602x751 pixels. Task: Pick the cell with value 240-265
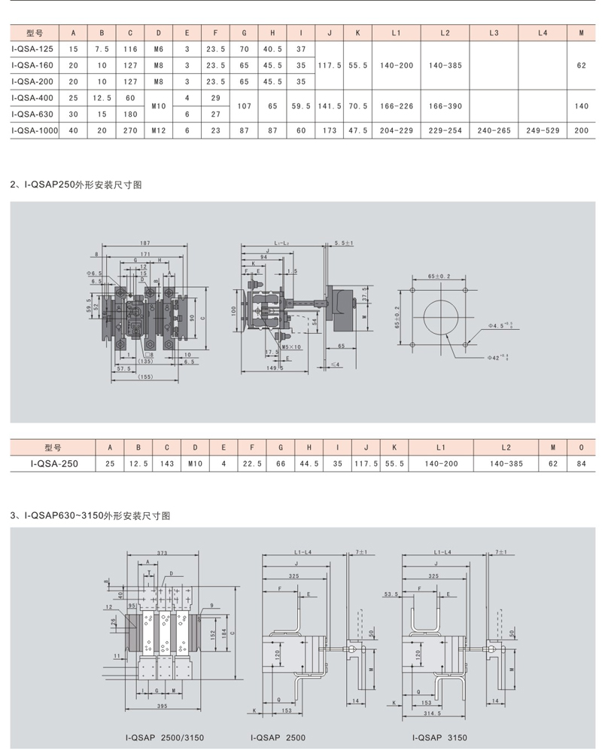click(x=494, y=130)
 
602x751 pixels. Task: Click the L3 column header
click(x=494, y=34)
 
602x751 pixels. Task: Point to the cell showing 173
click(x=330, y=130)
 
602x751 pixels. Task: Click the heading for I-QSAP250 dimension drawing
click(x=76, y=184)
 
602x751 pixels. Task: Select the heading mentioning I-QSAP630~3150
click(x=90, y=516)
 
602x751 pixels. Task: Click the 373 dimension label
click(x=162, y=553)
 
